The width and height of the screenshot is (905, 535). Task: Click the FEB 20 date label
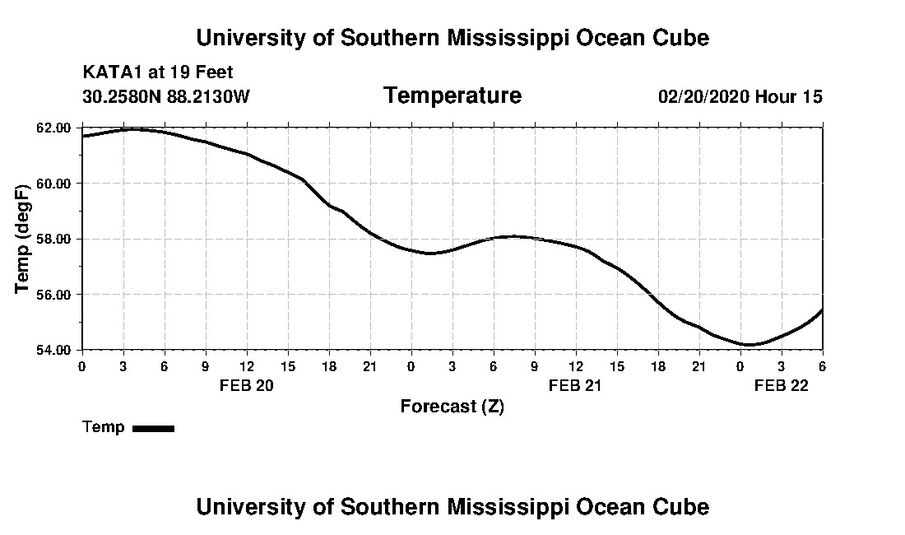pyautogui.click(x=246, y=385)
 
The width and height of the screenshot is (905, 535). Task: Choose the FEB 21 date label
pyautogui.click(x=576, y=385)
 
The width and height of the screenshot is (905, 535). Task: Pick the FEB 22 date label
pyautogui.click(x=782, y=385)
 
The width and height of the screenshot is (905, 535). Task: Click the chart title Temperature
pyautogui.click(x=452, y=95)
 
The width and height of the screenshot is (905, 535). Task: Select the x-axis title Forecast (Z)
pyautogui.click(x=452, y=407)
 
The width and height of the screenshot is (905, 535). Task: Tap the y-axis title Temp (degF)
pyautogui.click(x=23, y=239)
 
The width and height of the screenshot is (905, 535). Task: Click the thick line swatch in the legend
pyautogui.click(x=153, y=428)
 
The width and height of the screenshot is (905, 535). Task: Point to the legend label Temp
pyautogui.click(x=104, y=427)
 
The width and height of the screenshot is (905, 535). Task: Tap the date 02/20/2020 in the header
pyautogui.click(x=703, y=97)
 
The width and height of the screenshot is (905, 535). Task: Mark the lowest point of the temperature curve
pyautogui.click(x=749, y=345)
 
